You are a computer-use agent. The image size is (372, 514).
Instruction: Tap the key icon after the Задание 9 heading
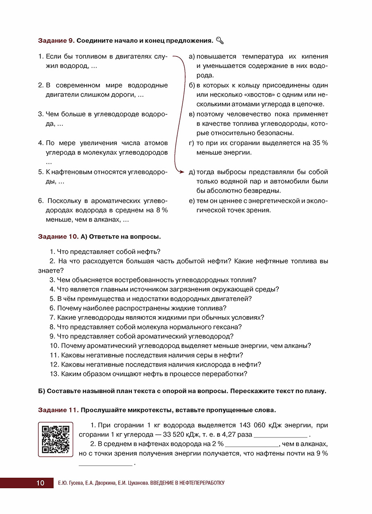(x=220, y=40)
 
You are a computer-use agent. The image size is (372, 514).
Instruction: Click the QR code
(x=56, y=439)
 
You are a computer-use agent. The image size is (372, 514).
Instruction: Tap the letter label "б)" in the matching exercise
(x=192, y=85)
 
